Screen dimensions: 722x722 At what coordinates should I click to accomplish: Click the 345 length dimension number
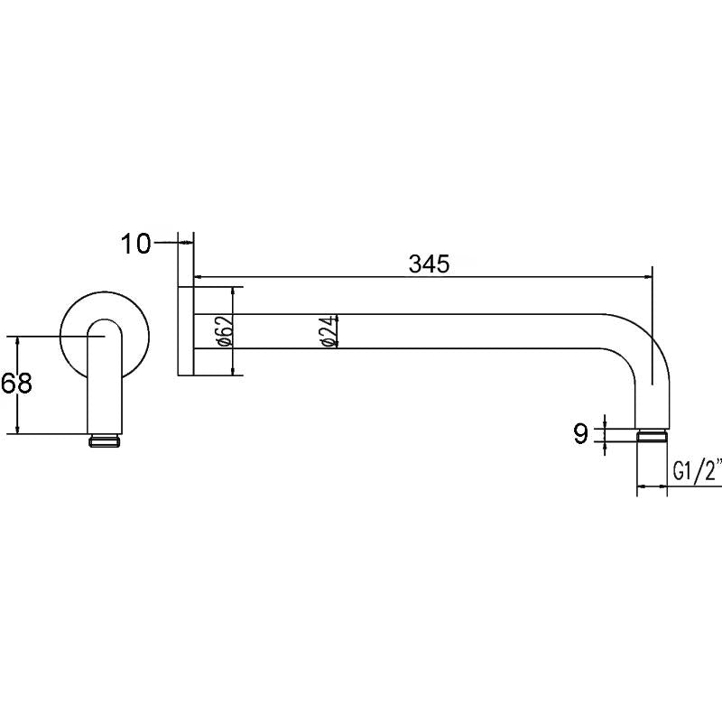click(429, 264)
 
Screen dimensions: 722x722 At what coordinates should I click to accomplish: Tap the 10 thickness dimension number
click(137, 244)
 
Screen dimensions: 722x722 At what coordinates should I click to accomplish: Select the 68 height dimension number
click(16, 384)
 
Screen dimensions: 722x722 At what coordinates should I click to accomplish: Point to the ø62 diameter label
click(227, 331)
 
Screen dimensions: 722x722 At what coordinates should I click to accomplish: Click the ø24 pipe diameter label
click(329, 331)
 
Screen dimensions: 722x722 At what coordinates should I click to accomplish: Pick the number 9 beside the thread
click(580, 434)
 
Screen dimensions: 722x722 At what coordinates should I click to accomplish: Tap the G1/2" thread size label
click(697, 471)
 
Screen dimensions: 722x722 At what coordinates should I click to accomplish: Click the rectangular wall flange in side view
click(186, 331)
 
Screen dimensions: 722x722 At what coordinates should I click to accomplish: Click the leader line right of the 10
click(167, 243)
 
